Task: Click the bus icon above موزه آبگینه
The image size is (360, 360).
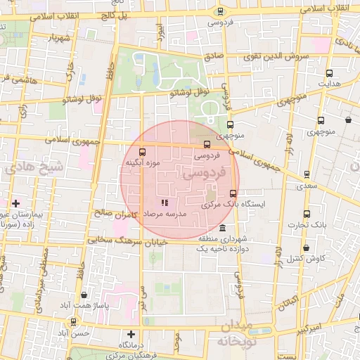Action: [143, 152]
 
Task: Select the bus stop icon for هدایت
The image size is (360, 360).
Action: [330, 72]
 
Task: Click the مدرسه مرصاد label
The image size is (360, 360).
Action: [164, 212]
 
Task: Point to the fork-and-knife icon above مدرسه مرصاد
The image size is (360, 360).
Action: [165, 202]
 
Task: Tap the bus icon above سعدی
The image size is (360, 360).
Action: [305, 174]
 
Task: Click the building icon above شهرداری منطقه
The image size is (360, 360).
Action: [223, 229]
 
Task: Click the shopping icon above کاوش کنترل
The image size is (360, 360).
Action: [306, 247]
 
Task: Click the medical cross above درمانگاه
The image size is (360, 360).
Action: [131, 334]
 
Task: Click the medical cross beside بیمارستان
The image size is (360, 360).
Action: [15, 203]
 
